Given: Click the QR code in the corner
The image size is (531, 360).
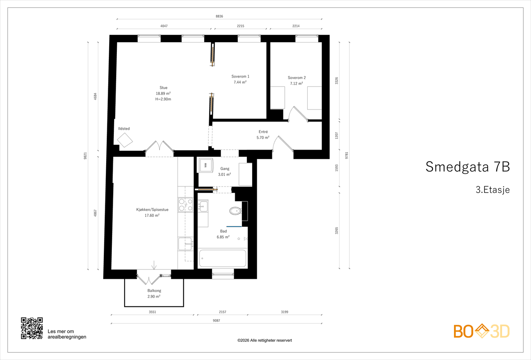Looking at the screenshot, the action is pyautogui.click(x=32, y=328).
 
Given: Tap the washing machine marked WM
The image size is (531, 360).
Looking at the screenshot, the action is pyautogui.click(x=205, y=165).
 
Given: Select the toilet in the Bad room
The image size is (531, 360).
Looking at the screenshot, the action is pyautogui.click(x=236, y=211).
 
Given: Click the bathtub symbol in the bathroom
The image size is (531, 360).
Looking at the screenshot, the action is pyautogui.click(x=223, y=258).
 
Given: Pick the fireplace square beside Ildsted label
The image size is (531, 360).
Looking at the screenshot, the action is pyautogui.click(x=125, y=140).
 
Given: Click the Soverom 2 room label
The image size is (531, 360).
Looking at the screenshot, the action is pyautogui.click(x=297, y=78).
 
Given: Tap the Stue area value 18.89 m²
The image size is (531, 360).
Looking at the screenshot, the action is pyautogui.click(x=163, y=93).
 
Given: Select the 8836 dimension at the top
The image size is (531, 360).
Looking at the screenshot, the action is pyautogui.click(x=219, y=16).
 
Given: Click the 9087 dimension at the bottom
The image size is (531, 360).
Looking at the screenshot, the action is pyautogui.click(x=216, y=321).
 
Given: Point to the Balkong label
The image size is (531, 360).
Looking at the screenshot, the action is pyautogui.click(x=154, y=291).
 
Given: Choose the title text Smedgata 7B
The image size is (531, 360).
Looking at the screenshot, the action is pyautogui.click(x=468, y=167).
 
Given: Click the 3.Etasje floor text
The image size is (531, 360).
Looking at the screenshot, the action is pyautogui.click(x=493, y=189).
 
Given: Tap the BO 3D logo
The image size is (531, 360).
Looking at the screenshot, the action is pyautogui.click(x=482, y=331).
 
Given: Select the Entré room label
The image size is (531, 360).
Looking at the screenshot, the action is pyautogui.click(x=263, y=132).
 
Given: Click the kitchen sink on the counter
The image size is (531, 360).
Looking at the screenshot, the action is pyautogui.click(x=186, y=244).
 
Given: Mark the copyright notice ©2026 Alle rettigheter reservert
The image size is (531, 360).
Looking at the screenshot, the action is pyautogui.click(x=265, y=340).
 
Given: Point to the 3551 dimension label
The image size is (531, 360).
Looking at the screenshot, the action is pyautogui.click(x=152, y=312).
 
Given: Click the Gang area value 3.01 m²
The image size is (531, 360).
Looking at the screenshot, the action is pyautogui.click(x=224, y=175).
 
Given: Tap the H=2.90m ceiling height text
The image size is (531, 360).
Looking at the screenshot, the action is pyautogui.click(x=163, y=99).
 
